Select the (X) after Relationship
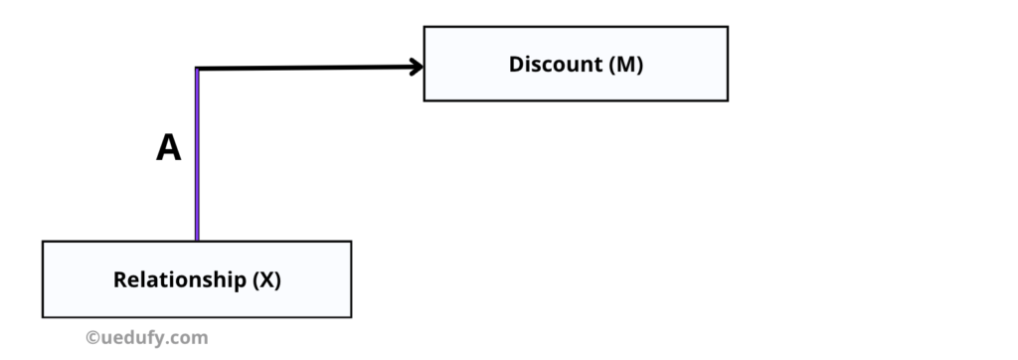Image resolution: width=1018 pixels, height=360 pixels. tap(265, 279)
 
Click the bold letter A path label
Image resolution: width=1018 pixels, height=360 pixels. tap(169, 149)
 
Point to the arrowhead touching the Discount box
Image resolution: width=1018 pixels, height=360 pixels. tap(417, 68)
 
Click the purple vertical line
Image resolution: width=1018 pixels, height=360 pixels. tap(197, 159)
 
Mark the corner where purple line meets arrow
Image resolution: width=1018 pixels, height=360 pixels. tap(198, 69)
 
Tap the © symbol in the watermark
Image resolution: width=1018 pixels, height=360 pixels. tap(92, 338)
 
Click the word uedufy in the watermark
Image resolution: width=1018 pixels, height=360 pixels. tap(137, 338)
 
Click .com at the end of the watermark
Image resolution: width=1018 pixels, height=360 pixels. tap(190, 338)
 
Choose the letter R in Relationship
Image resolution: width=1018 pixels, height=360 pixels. tap(119, 279)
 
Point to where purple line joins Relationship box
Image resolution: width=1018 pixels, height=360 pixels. tap(197, 241)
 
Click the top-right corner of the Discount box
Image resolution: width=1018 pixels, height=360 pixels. tap(728, 27)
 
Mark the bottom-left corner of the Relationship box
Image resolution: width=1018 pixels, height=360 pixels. tap(43, 317)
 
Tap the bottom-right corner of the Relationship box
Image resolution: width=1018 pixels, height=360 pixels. tap(351, 317)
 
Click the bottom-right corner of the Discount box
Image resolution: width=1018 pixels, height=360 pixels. tap(728, 100)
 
